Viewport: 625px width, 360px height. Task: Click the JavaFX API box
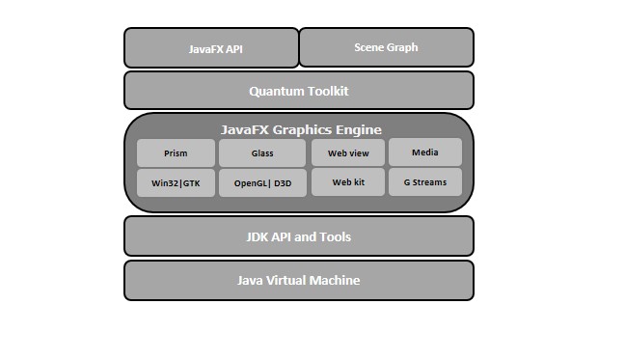tap(211, 48)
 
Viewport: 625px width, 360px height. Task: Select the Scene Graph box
tap(386, 46)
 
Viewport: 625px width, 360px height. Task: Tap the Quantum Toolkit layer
tap(299, 91)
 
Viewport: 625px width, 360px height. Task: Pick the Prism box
tap(176, 152)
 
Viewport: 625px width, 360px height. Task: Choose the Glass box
tap(262, 152)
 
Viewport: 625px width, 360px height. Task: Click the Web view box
tap(348, 152)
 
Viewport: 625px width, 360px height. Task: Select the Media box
tap(425, 152)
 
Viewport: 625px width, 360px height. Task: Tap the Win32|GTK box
tap(176, 182)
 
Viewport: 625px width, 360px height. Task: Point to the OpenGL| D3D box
tap(262, 182)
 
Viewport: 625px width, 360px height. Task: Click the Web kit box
tap(348, 181)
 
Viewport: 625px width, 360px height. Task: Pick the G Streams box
tap(425, 181)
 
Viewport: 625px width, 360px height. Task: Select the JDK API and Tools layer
tap(299, 236)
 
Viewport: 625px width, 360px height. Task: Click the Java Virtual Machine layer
tap(299, 280)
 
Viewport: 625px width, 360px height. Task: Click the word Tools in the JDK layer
tap(334, 236)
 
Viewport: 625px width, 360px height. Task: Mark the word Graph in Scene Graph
tap(401, 46)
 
